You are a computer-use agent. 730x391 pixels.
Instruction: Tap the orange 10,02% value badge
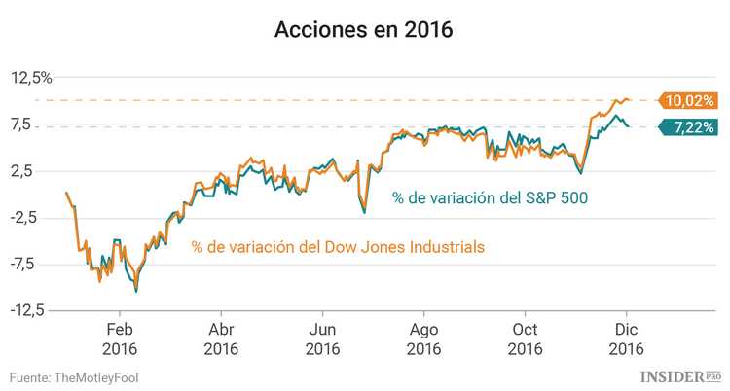tap(689, 100)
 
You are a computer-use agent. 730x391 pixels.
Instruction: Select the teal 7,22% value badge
tap(689, 127)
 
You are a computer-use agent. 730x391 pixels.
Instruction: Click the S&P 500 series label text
tap(490, 197)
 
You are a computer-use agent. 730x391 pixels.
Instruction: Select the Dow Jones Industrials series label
tap(338, 247)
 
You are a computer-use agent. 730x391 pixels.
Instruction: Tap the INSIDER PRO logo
tap(680, 375)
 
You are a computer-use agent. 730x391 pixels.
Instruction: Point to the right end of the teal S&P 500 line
tap(629, 126)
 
